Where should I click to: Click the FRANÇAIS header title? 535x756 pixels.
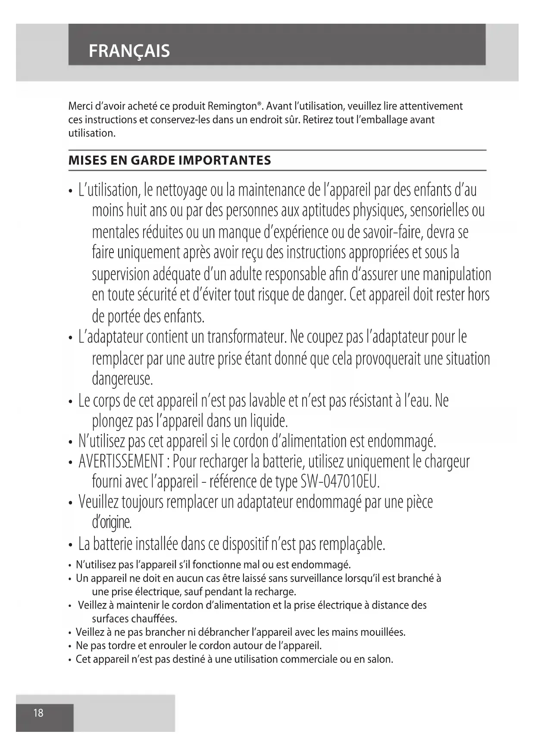pyautogui.click(x=129, y=51)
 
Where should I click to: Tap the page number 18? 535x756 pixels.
pyautogui.click(x=38, y=713)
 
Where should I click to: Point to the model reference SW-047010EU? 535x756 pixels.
pyautogui.click(x=339, y=481)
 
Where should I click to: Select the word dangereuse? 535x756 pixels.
pyautogui.click(x=122, y=379)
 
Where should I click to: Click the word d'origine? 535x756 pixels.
pyautogui.click(x=111, y=522)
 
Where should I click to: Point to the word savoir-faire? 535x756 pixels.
pyautogui.click(x=393, y=232)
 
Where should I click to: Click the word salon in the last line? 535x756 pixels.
pyautogui.click(x=379, y=659)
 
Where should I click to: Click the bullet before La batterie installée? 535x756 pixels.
pyautogui.click(x=70, y=546)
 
